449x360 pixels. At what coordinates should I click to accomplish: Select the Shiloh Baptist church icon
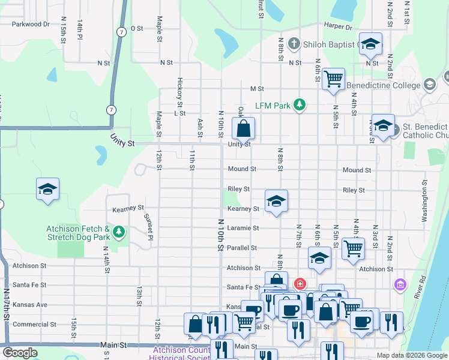click(x=293, y=43)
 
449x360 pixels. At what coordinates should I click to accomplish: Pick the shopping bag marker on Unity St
click(x=243, y=128)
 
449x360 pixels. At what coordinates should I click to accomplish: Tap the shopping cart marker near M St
click(x=333, y=79)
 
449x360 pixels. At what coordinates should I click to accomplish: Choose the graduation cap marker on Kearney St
click(x=276, y=201)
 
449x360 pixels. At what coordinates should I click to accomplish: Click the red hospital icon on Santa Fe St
click(x=299, y=283)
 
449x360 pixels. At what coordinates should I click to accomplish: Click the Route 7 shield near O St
click(x=121, y=32)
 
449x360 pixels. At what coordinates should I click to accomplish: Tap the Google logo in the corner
click(x=20, y=352)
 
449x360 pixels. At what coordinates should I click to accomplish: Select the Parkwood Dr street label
click(x=29, y=24)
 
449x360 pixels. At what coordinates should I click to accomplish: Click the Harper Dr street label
click(x=337, y=27)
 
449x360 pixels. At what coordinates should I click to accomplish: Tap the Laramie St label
click(x=243, y=228)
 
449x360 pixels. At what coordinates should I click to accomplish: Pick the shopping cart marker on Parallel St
click(x=353, y=248)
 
